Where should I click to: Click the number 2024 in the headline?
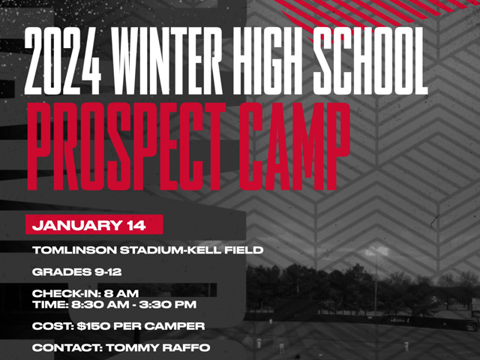tap(63, 61)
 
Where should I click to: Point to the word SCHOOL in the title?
tap(370, 61)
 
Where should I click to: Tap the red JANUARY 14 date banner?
tap(94, 224)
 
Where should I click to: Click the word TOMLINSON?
tap(74, 250)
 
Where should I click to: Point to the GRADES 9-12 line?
tap(76, 271)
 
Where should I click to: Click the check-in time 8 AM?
tap(121, 293)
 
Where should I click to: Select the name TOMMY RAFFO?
tap(158, 348)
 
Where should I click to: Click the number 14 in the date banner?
tap(136, 225)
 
